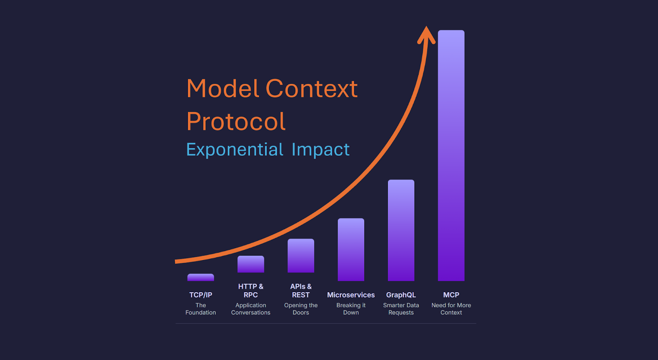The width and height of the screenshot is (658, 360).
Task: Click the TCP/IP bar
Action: click(201, 277)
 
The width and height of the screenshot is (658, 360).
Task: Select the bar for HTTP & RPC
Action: click(250, 264)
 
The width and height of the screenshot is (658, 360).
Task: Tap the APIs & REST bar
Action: click(301, 256)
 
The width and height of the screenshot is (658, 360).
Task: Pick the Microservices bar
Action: click(351, 249)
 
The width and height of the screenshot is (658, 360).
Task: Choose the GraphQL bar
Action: click(401, 230)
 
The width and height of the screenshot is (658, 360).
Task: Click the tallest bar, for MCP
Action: click(451, 155)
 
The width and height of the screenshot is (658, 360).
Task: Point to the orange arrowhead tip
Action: click(426, 26)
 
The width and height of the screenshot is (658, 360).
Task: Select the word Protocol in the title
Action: click(236, 121)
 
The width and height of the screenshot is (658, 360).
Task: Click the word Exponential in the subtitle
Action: click(235, 150)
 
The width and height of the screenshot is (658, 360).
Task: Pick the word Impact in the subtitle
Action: click(320, 150)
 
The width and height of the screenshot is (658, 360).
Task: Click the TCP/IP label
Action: click(201, 295)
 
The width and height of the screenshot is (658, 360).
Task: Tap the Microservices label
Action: click(351, 295)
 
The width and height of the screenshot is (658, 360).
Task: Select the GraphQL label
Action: click(401, 295)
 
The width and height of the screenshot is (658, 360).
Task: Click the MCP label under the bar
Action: click(451, 295)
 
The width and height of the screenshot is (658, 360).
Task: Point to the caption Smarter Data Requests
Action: click(401, 309)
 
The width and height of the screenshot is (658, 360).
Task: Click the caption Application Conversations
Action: click(250, 309)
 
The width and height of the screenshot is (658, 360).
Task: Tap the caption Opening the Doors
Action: click(301, 309)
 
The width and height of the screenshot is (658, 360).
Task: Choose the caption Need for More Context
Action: click(451, 309)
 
